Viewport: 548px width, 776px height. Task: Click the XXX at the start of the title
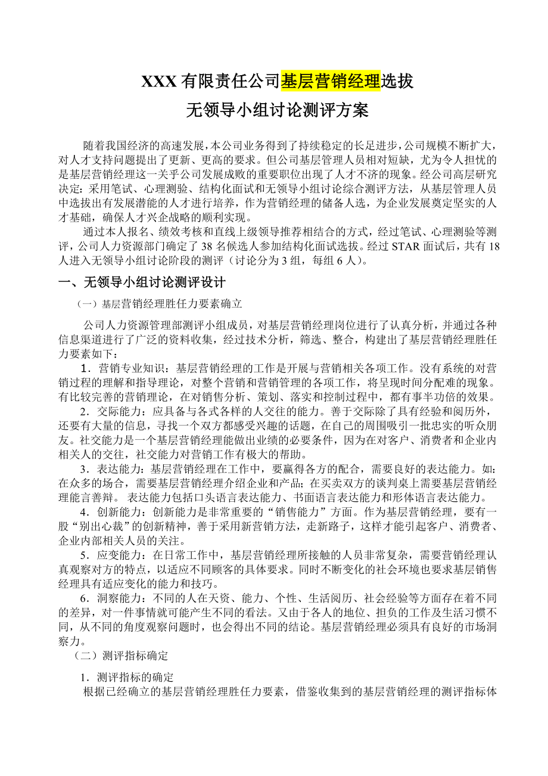coord(158,81)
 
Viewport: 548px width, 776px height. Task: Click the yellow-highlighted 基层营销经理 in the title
coord(330,81)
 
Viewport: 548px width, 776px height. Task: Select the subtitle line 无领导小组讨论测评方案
coord(278,110)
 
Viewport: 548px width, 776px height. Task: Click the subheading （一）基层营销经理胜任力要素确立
coord(160,304)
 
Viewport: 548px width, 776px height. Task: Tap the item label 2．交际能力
coord(115,411)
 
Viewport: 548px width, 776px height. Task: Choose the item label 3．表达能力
coord(115,468)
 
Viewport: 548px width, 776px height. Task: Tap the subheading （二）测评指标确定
coord(121,656)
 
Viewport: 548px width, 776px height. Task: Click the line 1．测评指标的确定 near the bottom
coord(127,678)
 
